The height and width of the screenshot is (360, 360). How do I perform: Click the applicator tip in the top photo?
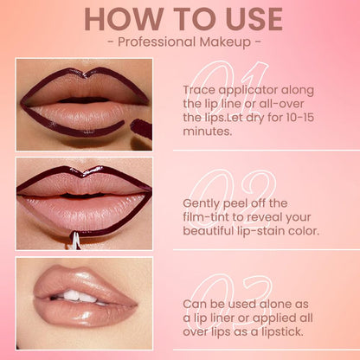[142, 129]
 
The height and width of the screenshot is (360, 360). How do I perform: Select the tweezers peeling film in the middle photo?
[75, 240]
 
